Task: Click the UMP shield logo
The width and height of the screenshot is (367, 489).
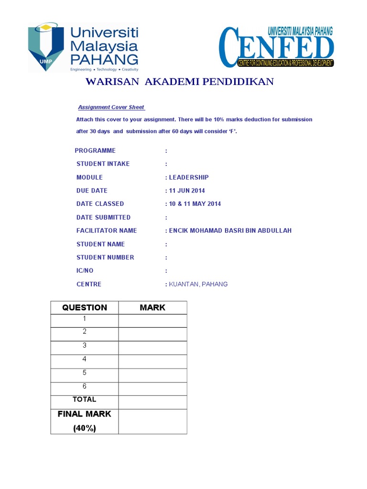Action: [x=45, y=47]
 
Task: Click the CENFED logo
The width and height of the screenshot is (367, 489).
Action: [x=276, y=47]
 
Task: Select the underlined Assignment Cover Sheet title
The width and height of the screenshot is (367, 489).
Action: [x=111, y=107]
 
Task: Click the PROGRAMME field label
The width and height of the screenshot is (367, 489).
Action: [x=95, y=150]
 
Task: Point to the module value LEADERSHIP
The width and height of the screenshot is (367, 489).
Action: [x=188, y=177]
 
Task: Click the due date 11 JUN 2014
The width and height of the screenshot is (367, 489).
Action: [x=186, y=191]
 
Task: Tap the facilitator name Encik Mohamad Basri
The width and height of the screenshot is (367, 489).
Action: [x=229, y=231]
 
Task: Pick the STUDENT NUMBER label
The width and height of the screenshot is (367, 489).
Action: [x=105, y=257]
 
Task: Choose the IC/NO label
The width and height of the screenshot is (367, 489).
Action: [x=86, y=271]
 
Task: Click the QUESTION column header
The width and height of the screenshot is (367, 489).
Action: [x=85, y=308]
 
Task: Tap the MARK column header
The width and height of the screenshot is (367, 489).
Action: [x=152, y=308]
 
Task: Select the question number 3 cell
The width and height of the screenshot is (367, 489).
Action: [x=85, y=345]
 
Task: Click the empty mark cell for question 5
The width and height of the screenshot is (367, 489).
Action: [x=152, y=372]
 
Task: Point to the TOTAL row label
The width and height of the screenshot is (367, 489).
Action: [x=85, y=399]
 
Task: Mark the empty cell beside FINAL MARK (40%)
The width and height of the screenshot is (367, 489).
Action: [x=152, y=421]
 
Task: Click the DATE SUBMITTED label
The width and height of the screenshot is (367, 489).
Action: [x=103, y=217]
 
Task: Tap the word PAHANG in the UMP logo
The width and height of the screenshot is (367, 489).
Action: [x=104, y=60]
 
